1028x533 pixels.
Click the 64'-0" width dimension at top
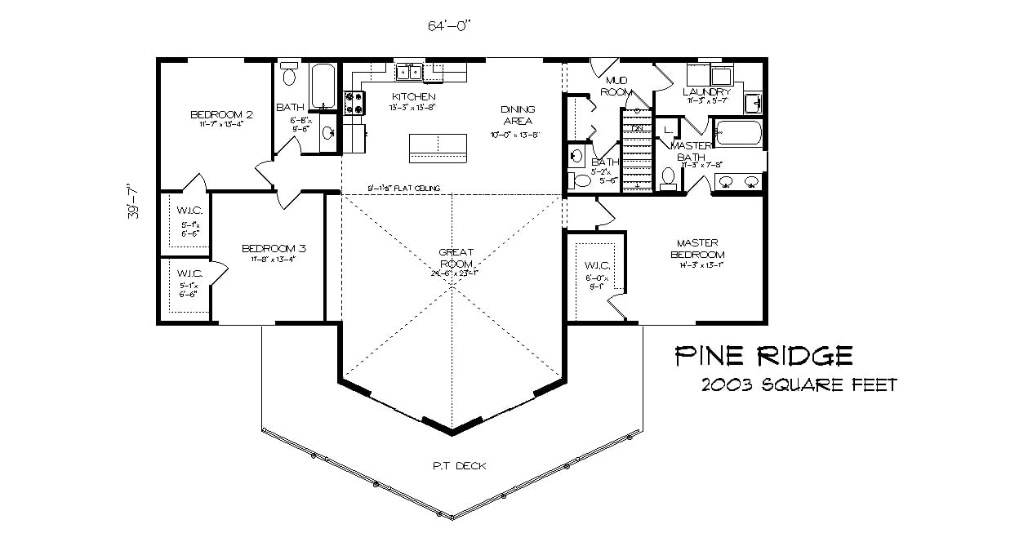click(450, 25)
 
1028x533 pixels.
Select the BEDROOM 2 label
click(221, 114)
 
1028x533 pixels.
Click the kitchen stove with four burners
click(356, 102)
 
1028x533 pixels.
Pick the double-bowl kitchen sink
click(409, 73)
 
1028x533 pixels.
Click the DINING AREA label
click(518, 114)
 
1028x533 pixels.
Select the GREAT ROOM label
click(456, 258)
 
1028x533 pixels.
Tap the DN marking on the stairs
click(638, 129)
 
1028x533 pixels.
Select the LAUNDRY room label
click(707, 92)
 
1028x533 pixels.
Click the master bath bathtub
click(738, 133)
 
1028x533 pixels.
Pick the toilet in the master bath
click(668, 178)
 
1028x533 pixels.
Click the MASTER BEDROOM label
click(696, 248)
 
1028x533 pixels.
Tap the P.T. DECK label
click(459, 466)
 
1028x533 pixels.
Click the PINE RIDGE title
click(763, 356)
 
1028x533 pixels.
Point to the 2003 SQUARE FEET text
click(798, 385)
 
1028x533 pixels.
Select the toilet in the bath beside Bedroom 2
click(288, 77)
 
